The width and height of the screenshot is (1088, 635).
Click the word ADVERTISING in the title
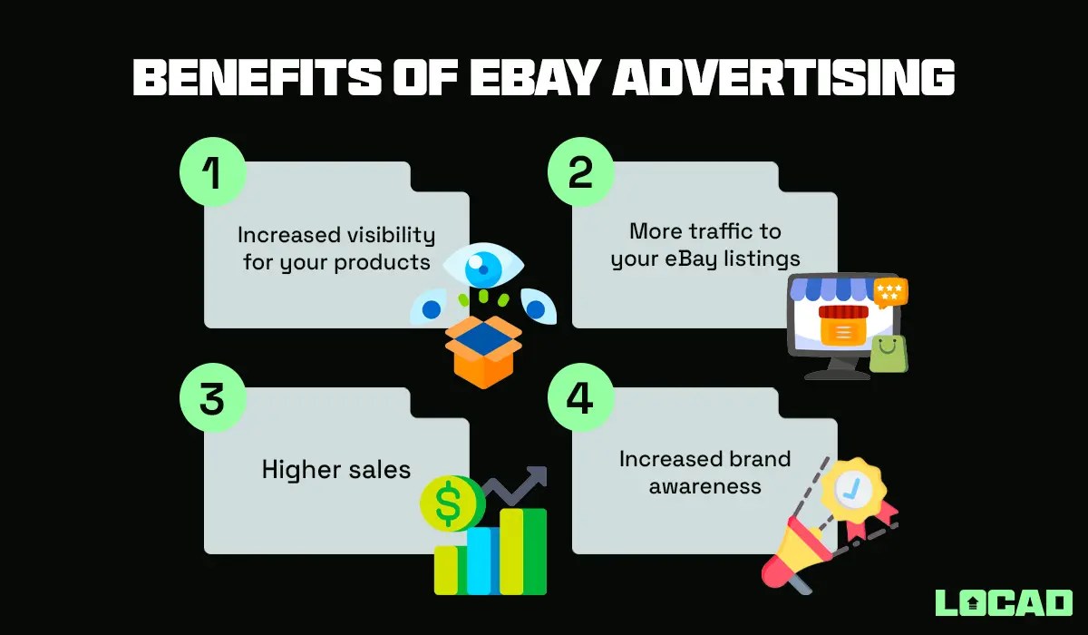click(783, 79)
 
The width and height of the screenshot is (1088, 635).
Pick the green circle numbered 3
click(213, 399)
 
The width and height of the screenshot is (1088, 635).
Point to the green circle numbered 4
click(581, 399)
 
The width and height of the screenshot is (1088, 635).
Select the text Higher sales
click(336, 469)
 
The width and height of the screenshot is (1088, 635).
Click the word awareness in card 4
click(705, 486)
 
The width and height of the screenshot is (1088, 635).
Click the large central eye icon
click(484, 267)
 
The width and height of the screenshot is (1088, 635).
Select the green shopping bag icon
click(889, 353)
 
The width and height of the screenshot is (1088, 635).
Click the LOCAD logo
click(1004, 603)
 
